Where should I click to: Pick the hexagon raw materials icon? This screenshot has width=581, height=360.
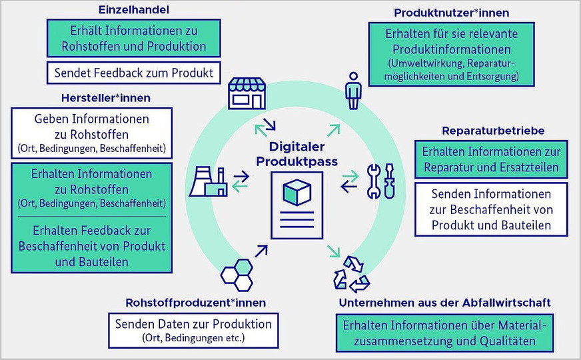[237, 273]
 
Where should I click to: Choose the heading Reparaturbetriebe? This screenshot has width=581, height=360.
[493, 130]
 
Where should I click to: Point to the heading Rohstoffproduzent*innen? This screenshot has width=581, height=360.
[196, 303]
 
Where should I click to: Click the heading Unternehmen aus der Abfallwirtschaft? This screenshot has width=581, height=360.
[444, 303]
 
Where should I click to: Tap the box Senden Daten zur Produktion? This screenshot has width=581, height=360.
[193, 330]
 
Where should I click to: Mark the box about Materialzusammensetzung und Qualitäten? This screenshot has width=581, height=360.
[445, 333]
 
